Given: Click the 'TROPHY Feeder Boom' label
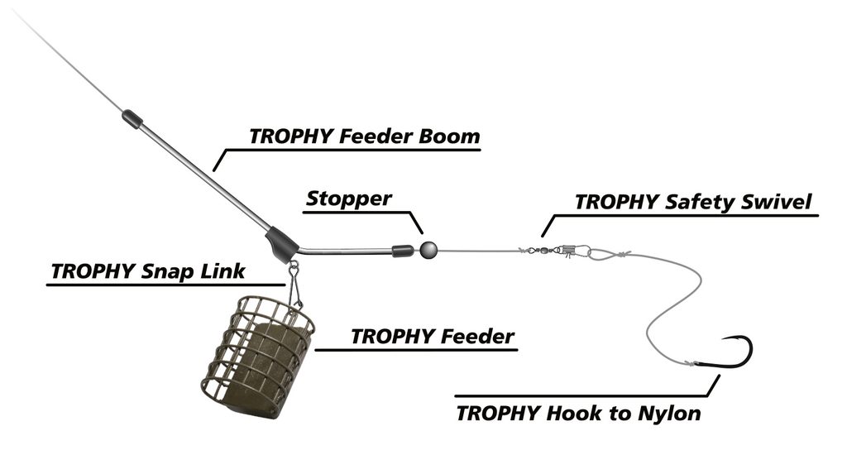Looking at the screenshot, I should click(x=364, y=136).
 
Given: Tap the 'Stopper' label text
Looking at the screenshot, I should click(x=348, y=199).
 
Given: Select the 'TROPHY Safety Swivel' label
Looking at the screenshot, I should click(x=692, y=202).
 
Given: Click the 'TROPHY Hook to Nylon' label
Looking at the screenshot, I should click(x=578, y=411).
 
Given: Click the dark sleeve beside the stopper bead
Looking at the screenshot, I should click(x=402, y=248).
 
